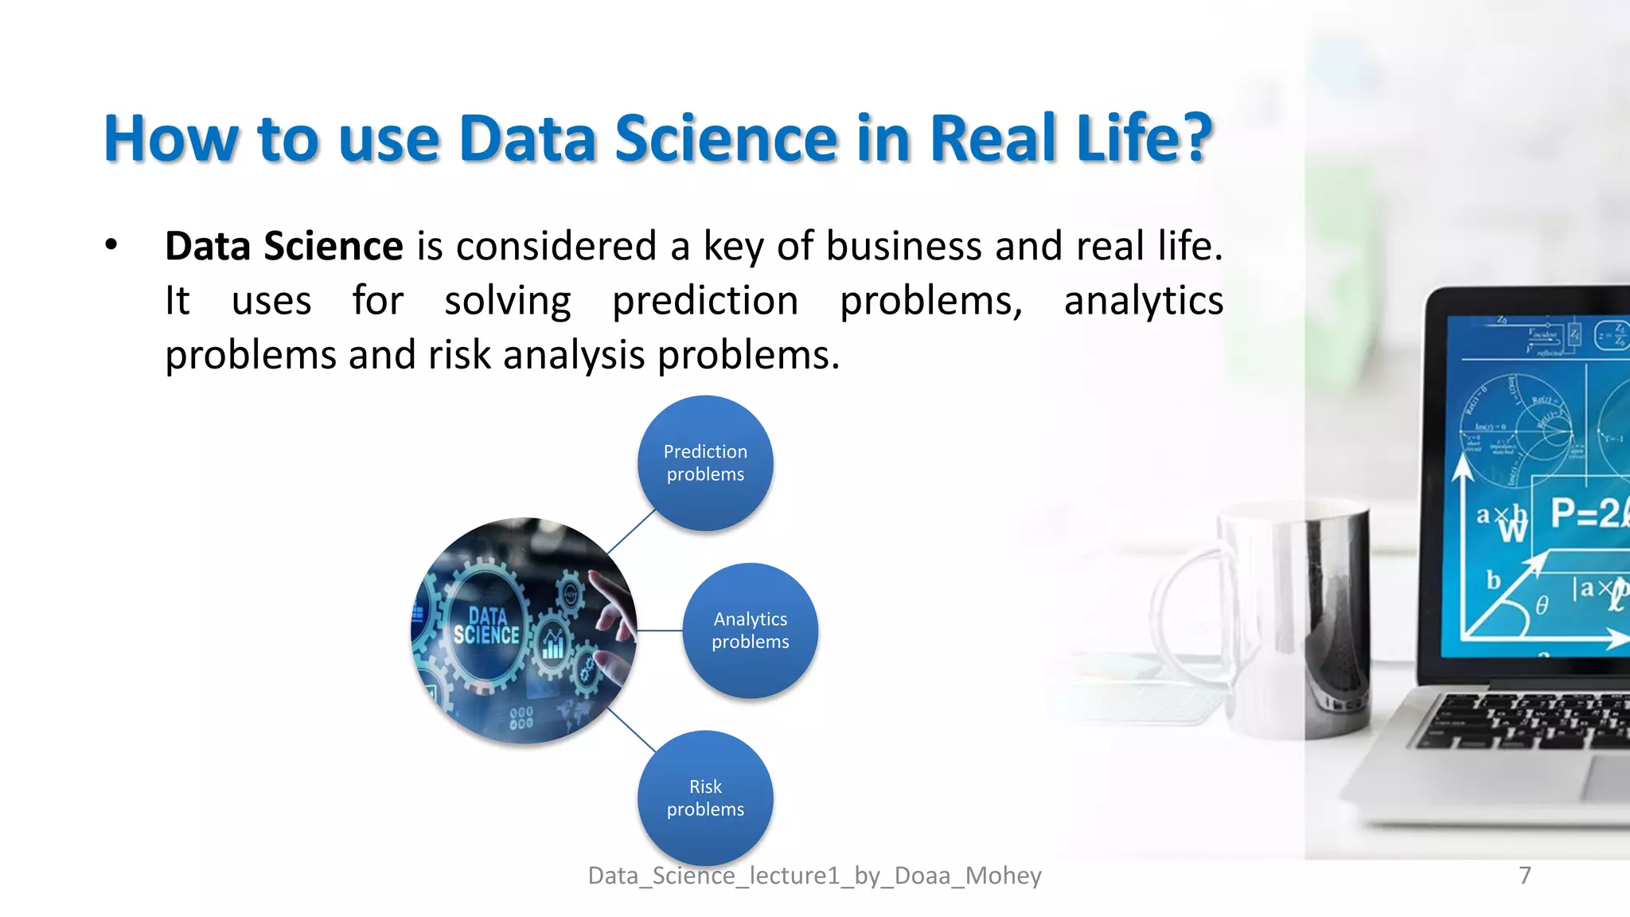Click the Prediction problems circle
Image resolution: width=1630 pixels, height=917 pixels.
click(705, 463)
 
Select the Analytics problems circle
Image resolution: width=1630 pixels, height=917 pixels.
click(750, 630)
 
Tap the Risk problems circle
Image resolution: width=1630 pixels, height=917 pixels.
click(705, 798)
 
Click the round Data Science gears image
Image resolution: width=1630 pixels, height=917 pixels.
click(524, 630)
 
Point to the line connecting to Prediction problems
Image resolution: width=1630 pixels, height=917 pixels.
click(630, 532)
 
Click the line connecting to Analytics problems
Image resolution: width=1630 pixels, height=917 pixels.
click(660, 630)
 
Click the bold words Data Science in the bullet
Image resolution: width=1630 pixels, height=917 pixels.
click(283, 246)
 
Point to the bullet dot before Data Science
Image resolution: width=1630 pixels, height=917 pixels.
click(111, 245)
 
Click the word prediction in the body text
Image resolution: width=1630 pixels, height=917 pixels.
click(705, 301)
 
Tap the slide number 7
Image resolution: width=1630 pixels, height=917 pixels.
click(1524, 875)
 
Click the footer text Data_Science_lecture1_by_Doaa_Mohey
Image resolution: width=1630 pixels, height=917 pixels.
click(814, 876)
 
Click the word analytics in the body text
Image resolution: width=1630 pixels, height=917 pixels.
click(1143, 301)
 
